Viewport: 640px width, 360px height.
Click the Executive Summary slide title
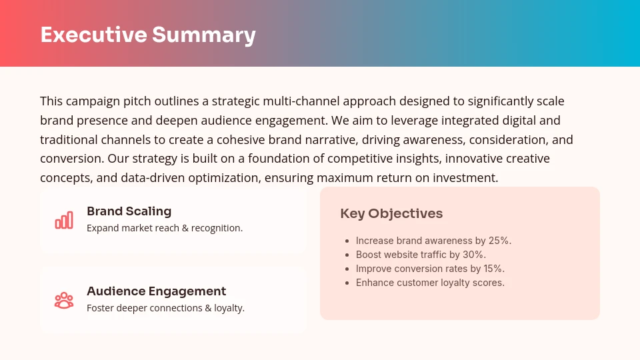pyautogui.click(x=148, y=35)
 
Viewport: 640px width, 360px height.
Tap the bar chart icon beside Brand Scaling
pyautogui.click(x=64, y=220)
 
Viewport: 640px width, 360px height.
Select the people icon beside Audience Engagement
pyautogui.click(x=64, y=300)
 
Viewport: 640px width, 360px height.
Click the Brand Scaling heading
pyautogui.click(x=129, y=211)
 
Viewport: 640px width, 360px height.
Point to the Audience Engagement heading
pyautogui.click(x=156, y=291)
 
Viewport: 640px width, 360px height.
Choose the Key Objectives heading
pyautogui.click(x=391, y=213)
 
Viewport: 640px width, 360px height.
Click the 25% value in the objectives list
pyautogui.click(x=499, y=241)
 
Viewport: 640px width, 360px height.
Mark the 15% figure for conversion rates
pyautogui.click(x=493, y=269)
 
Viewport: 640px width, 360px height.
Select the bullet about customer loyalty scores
pyautogui.click(x=430, y=283)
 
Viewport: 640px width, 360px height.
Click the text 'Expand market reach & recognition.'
pyautogui.click(x=165, y=228)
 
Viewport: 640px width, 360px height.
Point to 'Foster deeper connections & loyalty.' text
pyautogui.click(x=165, y=308)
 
